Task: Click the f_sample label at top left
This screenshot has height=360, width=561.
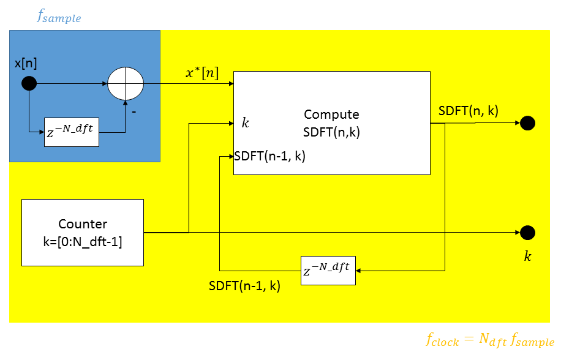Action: click(59, 17)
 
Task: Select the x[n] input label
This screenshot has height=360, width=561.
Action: click(26, 63)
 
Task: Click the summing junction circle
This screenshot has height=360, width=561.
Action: click(126, 83)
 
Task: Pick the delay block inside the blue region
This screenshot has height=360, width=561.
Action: click(72, 132)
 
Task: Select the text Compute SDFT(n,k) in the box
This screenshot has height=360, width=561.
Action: click(331, 123)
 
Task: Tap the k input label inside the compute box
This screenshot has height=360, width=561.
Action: click(246, 123)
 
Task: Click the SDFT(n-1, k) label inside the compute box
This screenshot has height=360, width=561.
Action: click(270, 156)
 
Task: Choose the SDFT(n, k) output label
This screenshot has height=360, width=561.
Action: click(469, 111)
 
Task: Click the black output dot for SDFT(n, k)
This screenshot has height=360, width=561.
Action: click(527, 124)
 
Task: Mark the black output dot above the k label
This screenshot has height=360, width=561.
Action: click(527, 233)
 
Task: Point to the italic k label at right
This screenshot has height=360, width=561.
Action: click(527, 257)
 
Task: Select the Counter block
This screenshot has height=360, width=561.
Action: click(83, 233)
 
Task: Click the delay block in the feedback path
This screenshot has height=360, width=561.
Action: click(328, 270)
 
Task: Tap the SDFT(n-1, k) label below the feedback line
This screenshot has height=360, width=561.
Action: click(244, 285)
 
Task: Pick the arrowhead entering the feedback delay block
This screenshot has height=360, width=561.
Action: click(359, 270)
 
